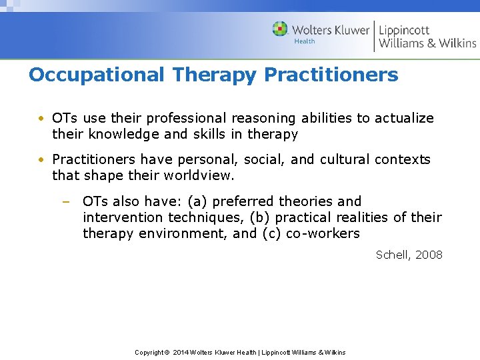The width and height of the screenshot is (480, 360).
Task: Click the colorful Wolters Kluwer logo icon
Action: [x=280, y=29]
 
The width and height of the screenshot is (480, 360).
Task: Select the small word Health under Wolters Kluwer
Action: [x=305, y=41]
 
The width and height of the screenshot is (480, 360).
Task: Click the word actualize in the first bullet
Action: [x=404, y=118]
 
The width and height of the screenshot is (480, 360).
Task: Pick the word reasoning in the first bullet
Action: [x=264, y=118]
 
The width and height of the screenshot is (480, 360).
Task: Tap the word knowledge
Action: [x=119, y=134]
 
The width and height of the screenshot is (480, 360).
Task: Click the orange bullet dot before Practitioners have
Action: [x=41, y=160]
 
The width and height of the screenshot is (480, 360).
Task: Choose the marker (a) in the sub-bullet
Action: [x=197, y=201]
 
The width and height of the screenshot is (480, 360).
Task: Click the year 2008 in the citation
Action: [x=429, y=255]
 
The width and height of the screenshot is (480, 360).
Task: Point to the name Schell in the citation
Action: [x=393, y=255]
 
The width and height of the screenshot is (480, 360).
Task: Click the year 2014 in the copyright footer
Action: [x=180, y=352]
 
